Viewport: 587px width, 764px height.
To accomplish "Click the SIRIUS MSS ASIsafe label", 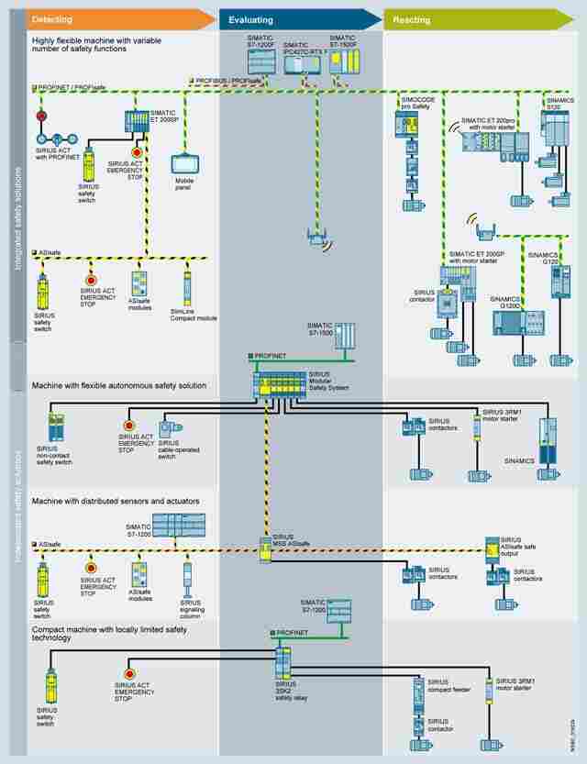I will (283, 538).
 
